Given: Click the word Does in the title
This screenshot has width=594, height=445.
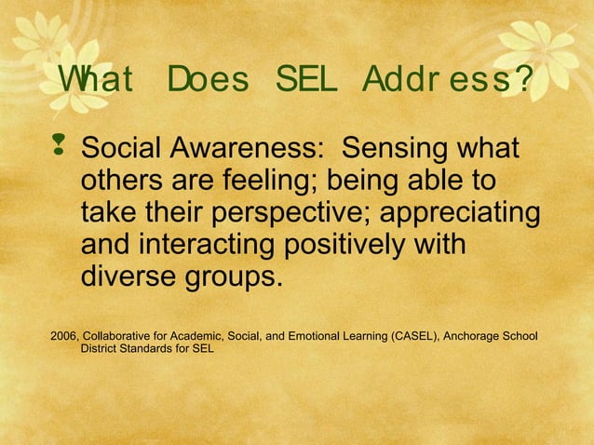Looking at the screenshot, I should [208, 82].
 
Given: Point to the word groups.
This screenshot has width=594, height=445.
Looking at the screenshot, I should [231, 277].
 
